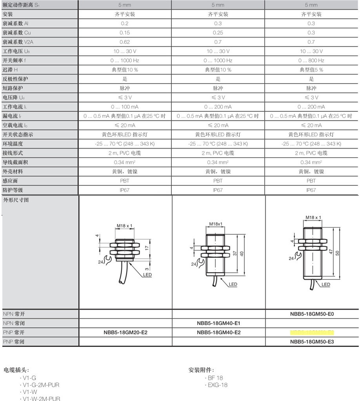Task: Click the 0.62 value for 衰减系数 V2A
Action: (x=125, y=42)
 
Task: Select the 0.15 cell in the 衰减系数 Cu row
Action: (x=125, y=33)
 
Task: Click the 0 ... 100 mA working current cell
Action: (x=125, y=107)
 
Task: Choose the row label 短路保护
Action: (x=13, y=88)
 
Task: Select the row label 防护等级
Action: (x=13, y=190)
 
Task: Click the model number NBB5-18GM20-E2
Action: (x=125, y=332)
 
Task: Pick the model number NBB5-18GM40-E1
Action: (x=218, y=323)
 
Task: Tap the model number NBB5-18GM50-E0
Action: (x=312, y=314)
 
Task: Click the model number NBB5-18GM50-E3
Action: (x=312, y=342)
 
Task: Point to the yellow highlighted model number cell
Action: (x=312, y=332)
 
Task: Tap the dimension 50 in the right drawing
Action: (x=337, y=253)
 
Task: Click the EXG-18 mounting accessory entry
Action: (x=217, y=385)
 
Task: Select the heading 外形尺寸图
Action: (x=16, y=200)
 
